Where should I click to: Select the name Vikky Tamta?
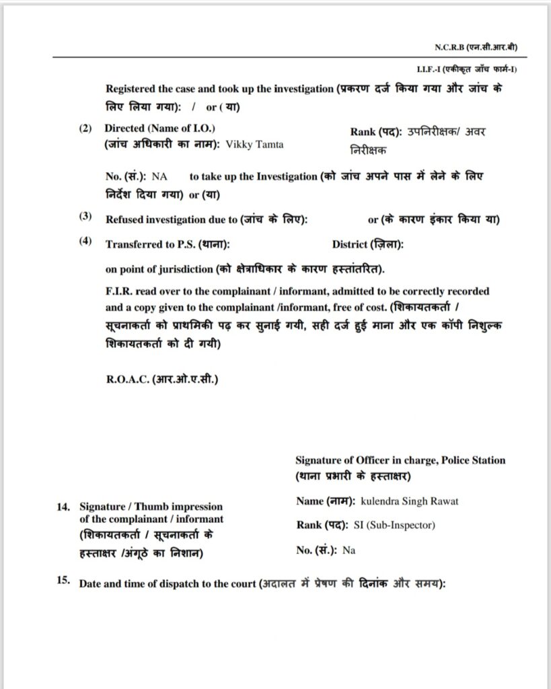tap(255, 145)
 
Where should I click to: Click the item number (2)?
tap(85, 128)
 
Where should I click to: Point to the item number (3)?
tap(85, 217)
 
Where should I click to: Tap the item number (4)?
tap(85, 242)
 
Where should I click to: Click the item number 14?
tap(64, 507)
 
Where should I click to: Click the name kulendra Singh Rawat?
tap(410, 501)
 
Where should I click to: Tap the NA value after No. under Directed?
tap(159, 176)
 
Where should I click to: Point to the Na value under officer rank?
tap(348, 550)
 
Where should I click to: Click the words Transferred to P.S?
tap(154, 245)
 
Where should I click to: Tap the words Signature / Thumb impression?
tap(151, 507)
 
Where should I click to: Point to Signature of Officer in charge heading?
tap(400, 461)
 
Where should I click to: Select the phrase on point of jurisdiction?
tap(159, 270)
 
